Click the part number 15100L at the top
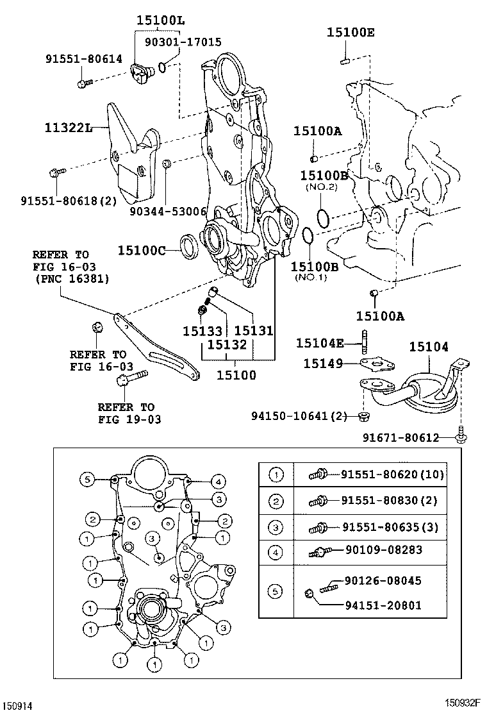point(160,21)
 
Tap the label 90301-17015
point(183,42)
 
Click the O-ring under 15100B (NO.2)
point(324,217)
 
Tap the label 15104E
point(320,343)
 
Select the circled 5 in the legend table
point(276,591)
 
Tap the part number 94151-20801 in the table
point(383,605)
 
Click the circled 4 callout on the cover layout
point(218,481)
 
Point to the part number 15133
point(202,331)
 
